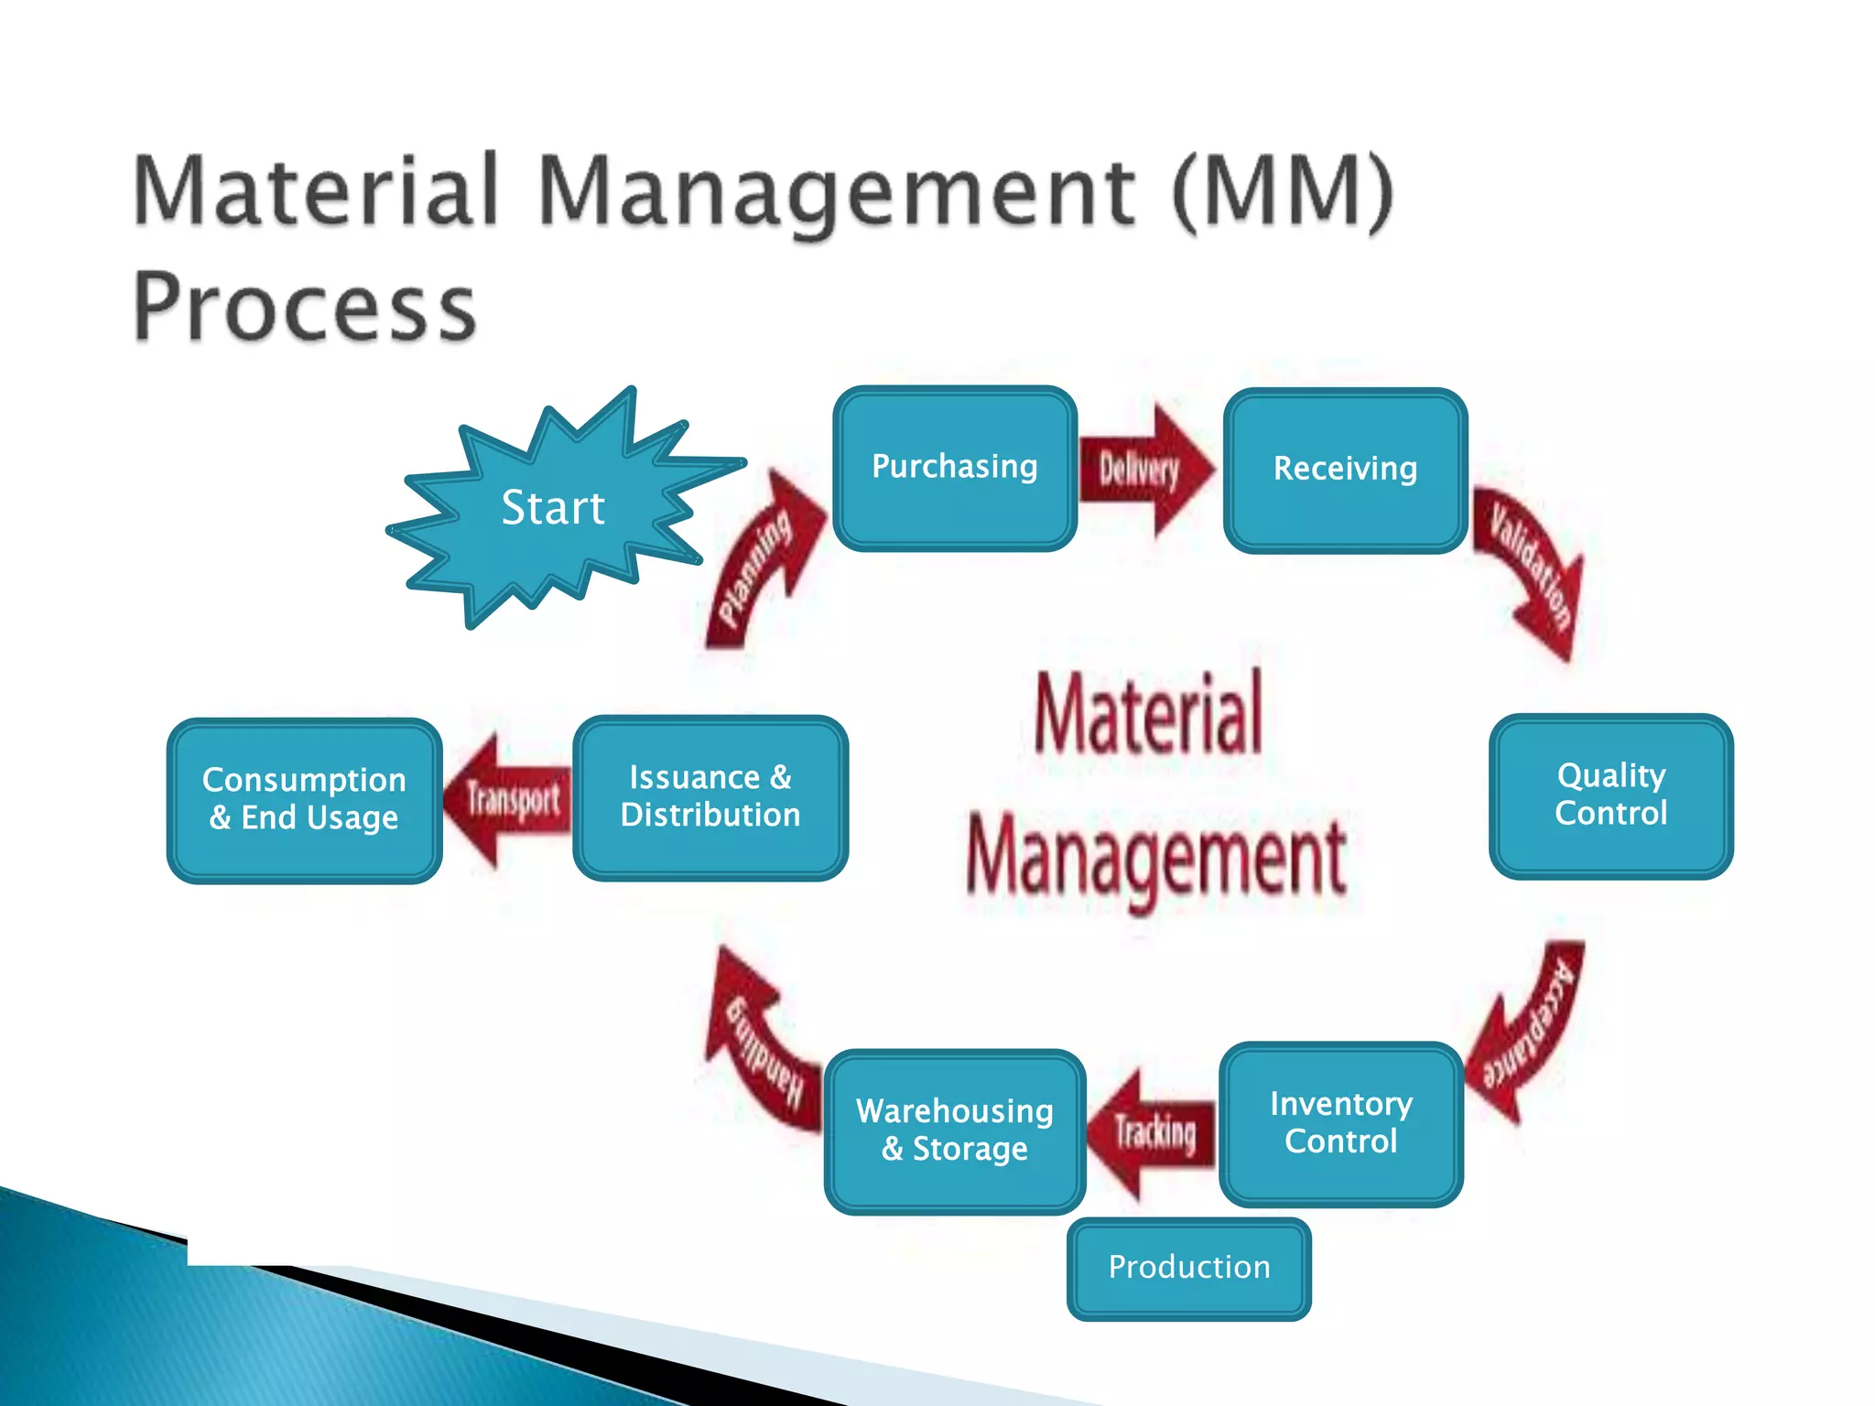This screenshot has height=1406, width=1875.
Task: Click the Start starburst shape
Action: (x=553, y=508)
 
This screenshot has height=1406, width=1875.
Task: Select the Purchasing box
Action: (x=954, y=468)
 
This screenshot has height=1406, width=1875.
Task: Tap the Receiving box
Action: (x=1345, y=470)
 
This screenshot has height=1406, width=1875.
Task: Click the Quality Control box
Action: (x=1610, y=795)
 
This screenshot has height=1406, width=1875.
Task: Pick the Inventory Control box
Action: (x=1340, y=1123)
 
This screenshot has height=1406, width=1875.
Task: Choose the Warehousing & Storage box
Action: (x=954, y=1130)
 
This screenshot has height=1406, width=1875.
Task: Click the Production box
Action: (x=1188, y=1268)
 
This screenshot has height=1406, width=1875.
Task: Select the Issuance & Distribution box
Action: (x=710, y=797)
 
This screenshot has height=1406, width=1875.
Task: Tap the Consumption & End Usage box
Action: (x=304, y=799)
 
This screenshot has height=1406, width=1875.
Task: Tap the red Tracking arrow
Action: (x=1152, y=1133)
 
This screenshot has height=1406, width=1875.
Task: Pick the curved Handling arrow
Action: (x=760, y=1044)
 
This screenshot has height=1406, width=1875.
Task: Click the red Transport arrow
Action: (x=508, y=800)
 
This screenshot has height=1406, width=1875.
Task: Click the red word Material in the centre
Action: (x=1149, y=714)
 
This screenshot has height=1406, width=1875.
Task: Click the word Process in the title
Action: (x=305, y=307)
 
